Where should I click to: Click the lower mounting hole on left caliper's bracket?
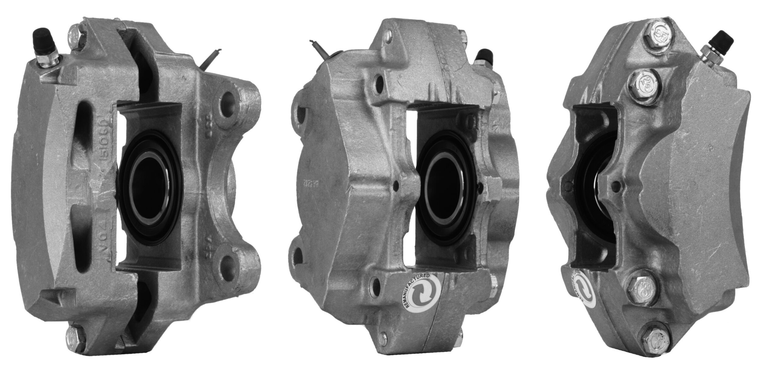[228, 262]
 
